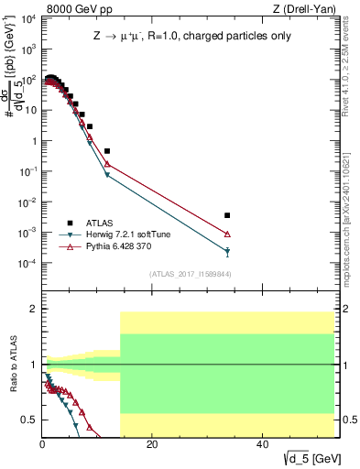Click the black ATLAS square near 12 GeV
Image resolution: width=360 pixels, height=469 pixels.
tap(107, 150)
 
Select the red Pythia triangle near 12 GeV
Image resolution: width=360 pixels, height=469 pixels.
tap(107, 164)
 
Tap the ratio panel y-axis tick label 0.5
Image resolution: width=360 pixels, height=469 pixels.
tap(29, 420)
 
